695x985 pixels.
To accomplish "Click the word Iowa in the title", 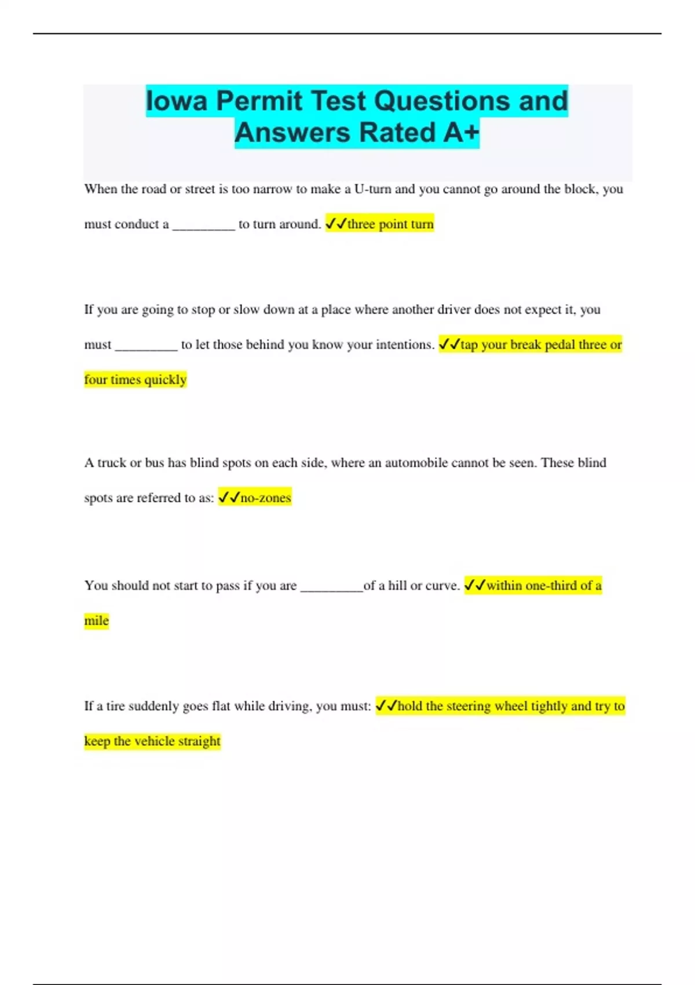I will (x=177, y=101).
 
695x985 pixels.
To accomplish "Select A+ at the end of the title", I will (x=461, y=133).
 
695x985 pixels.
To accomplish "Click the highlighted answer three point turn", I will (x=390, y=224).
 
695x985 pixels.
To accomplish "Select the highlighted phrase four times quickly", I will (x=136, y=380).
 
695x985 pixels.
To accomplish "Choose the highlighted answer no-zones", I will (x=265, y=498).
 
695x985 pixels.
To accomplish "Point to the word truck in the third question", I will (x=111, y=463).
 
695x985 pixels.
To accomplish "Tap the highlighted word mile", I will (x=96, y=621).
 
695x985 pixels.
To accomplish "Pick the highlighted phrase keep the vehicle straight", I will (x=152, y=742).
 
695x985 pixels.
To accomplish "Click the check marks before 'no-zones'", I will (x=229, y=498).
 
